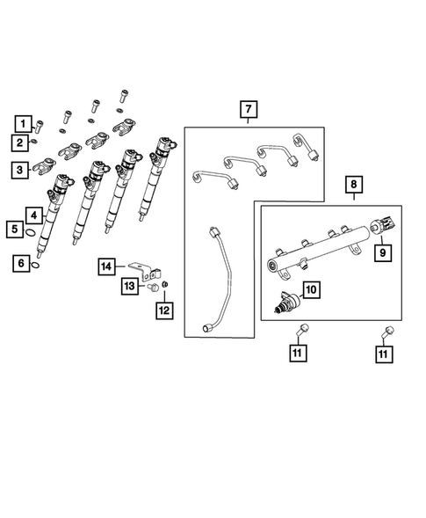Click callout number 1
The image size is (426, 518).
pyautogui.click(x=20, y=123)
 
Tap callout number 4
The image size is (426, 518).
pyautogui.click(x=32, y=214)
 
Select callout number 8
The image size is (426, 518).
pyautogui.click(x=353, y=186)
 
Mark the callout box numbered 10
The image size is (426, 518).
pyautogui.click(x=310, y=288)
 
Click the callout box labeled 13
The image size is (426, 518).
pyautogui.click(x=128, y=286)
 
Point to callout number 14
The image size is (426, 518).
pyautogui.click(x=106, y=266)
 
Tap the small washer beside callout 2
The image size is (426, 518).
pyautogui.click(x=33, y=141)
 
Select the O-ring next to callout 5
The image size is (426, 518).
pyautogui.click(x=31, y=233)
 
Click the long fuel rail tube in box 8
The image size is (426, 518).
pyautogui.click(x=316, y=250)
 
